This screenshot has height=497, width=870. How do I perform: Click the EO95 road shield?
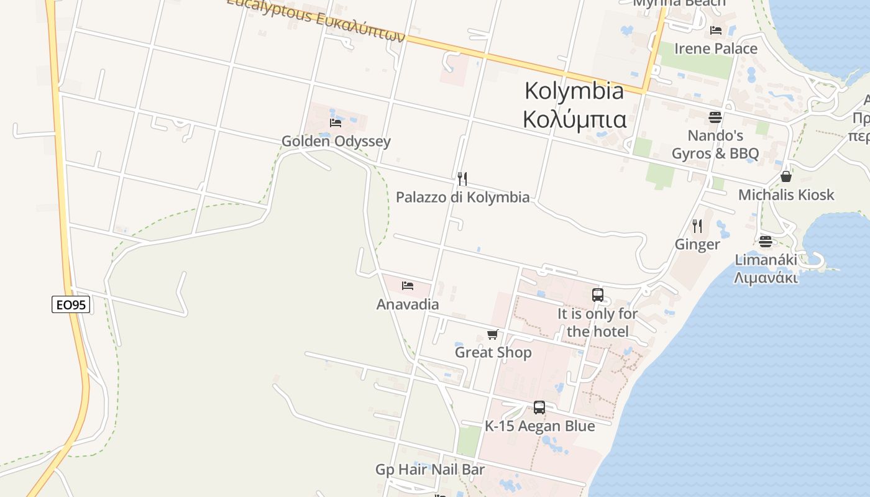[71, 304]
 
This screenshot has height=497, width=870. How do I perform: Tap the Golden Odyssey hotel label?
[336, 141]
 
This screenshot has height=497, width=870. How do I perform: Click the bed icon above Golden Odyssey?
[336, 122]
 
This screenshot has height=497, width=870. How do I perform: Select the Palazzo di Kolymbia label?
[463, 198]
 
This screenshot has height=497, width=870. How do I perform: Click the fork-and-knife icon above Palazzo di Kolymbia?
[462, 179]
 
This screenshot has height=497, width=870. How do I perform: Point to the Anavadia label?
[408, 304]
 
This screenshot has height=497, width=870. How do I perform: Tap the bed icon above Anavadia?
[408, 286]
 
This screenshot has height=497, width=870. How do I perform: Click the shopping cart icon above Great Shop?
[493, 335]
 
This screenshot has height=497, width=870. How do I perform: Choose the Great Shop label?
[493, 353]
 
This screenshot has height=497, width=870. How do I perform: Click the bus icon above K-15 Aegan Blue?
[539, 408]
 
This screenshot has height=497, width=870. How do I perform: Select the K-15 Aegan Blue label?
[539, 426]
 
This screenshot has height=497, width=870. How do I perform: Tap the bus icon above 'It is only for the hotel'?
[598, 295]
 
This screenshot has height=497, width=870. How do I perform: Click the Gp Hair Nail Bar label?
[430, 470]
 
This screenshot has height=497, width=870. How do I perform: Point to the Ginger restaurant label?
[697, 244]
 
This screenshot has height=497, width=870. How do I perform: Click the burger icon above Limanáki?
[766, 241]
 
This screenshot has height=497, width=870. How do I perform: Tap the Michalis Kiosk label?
[786, 195]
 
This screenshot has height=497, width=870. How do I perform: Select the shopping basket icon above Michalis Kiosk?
[786, 176]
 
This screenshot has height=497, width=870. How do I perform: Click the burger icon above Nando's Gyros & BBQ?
[715, 117]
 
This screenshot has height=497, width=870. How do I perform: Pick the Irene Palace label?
[716, 48]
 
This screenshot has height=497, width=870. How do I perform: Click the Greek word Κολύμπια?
[574, 119]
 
